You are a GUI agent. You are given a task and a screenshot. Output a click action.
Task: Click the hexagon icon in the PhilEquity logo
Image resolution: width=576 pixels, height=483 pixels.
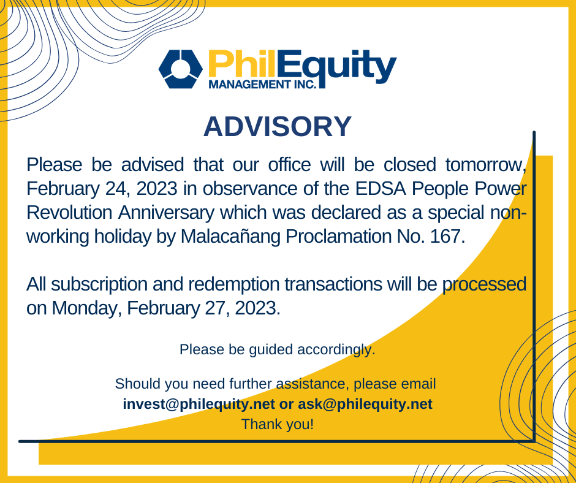click(x=180, y=69)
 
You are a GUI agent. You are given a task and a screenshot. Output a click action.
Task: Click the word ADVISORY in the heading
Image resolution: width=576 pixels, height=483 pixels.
click(x=278, y=126)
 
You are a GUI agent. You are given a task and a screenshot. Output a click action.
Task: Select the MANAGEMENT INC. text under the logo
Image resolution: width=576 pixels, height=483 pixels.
click(x=263, y=84)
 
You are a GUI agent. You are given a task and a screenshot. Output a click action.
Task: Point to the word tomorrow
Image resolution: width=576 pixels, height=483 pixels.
click(x=486, y=165)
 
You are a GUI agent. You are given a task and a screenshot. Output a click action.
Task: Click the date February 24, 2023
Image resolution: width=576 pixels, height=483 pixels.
click(x=102, y=189)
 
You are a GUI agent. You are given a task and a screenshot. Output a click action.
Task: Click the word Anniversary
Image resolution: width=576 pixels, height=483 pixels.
click(x=166, y=213)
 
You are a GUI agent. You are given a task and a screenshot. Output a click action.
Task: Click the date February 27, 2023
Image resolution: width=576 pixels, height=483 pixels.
click(x=203, y=308)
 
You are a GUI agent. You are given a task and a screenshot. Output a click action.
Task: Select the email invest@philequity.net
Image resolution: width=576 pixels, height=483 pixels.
click(x=199, y=405)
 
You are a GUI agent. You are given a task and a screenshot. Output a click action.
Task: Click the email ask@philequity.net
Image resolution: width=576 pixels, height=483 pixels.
click(x=365, y=405)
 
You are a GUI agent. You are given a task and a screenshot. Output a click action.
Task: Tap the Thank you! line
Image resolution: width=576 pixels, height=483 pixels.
click(x=278, y=424)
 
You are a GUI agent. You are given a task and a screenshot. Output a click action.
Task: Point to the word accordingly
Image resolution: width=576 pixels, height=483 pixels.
click(x=336, y=350)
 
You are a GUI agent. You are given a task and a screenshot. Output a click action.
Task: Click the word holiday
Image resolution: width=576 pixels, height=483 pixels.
click(x=123, y=237)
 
